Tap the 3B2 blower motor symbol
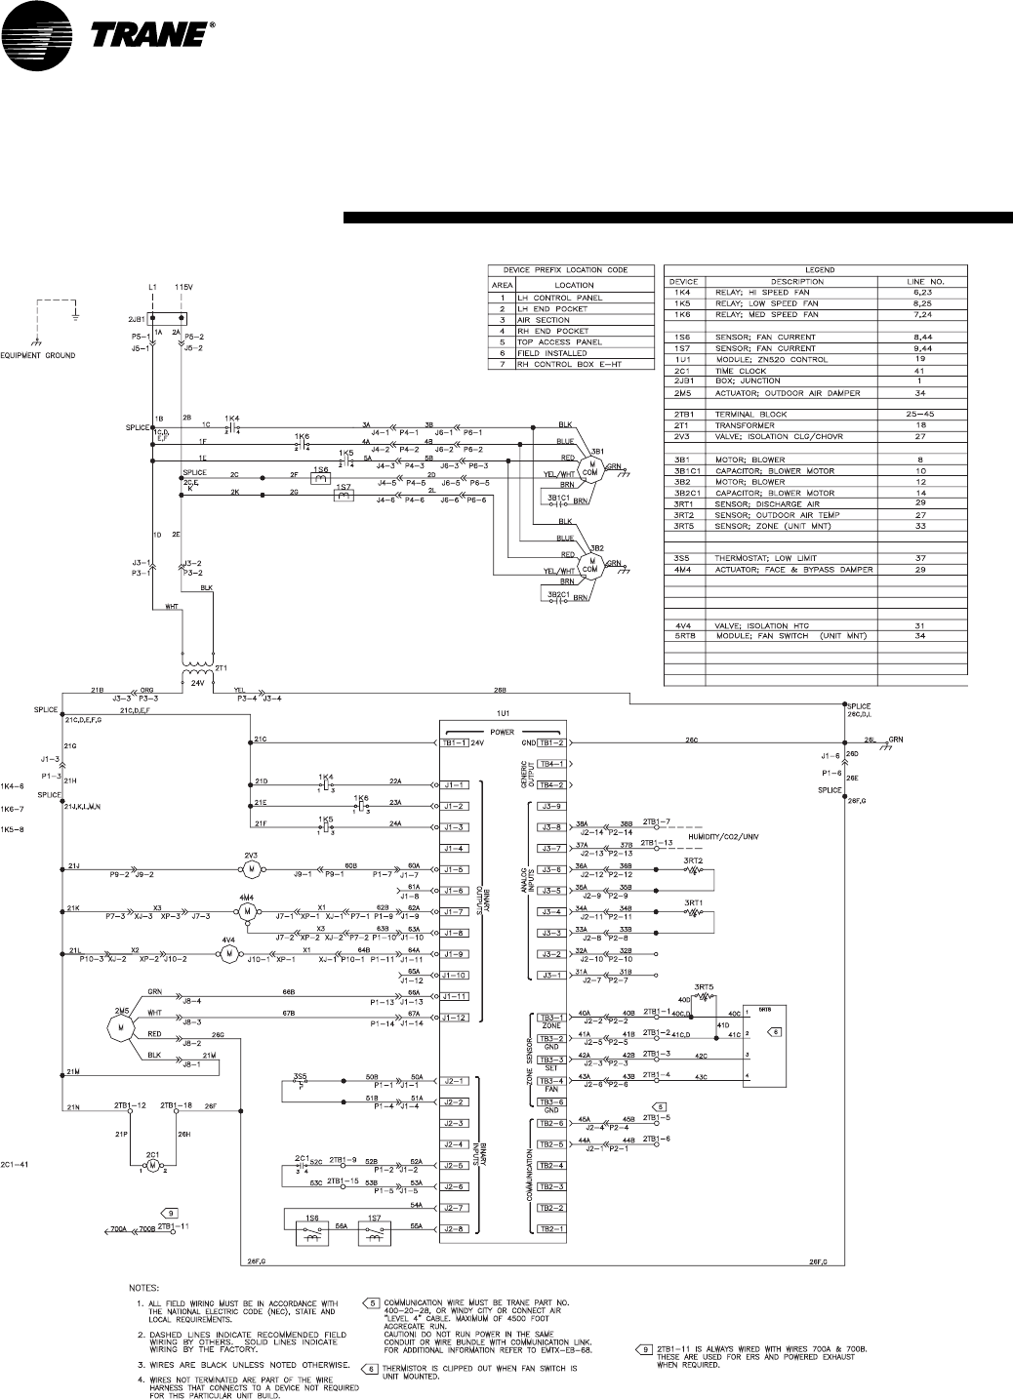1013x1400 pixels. coord(589,565)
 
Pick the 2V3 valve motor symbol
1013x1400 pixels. coord(250,867)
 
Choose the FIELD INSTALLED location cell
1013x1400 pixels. coord(552,353)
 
